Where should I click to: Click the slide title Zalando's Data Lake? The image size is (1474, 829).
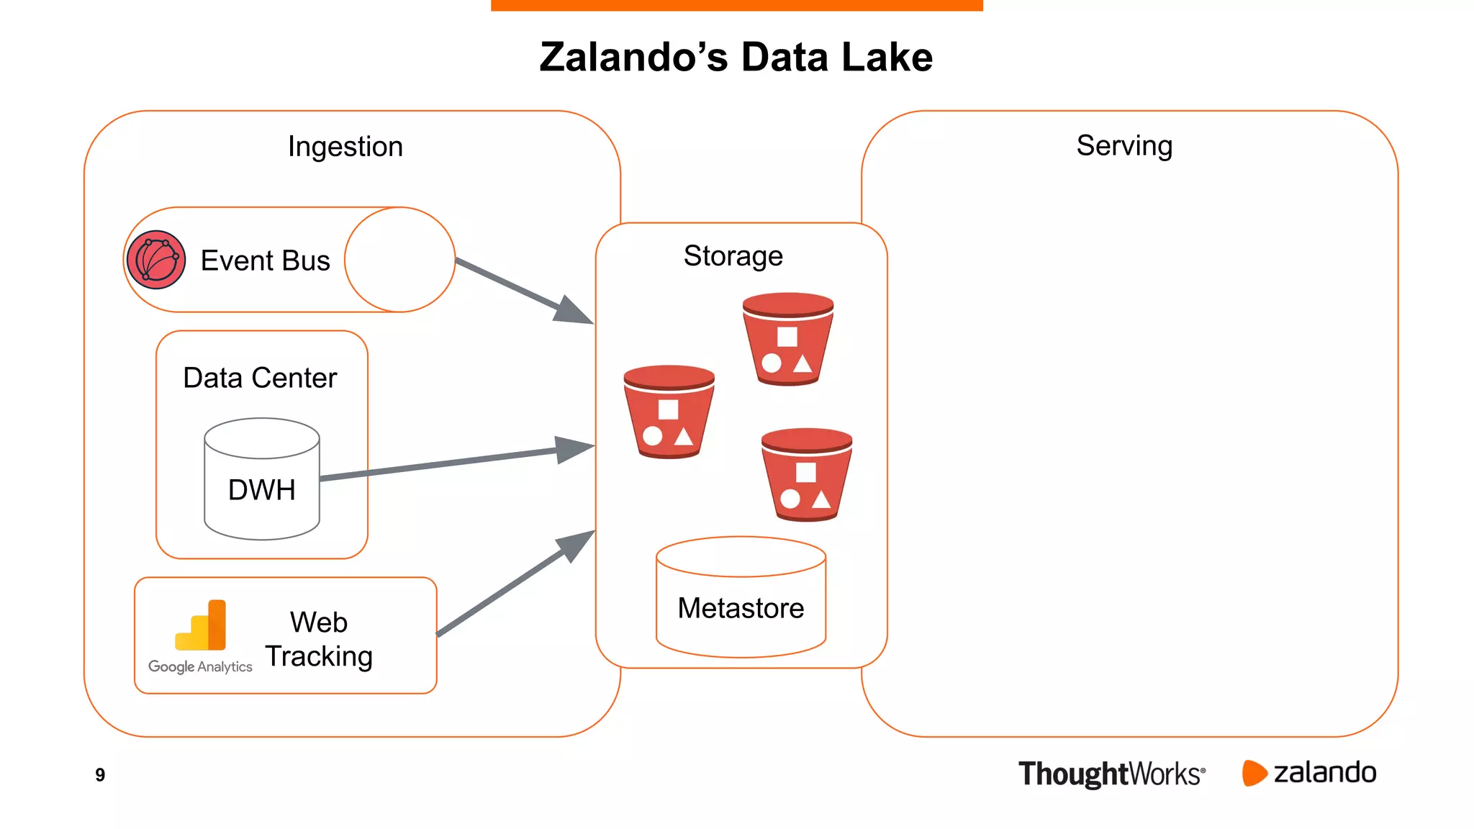tap(736, 58)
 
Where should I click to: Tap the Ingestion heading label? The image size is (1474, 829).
tap(345, 147)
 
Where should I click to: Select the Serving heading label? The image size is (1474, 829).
tap(1123, 146)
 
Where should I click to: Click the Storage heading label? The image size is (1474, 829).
tap(733, 256)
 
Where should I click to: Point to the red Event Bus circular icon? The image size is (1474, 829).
tap(156, 260)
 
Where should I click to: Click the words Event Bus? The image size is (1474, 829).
tap(265, 261)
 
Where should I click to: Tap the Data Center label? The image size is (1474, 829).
tap(260, 378)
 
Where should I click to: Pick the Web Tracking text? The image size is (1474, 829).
tap(319, 639)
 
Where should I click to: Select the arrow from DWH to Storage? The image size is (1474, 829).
tap(457, 462)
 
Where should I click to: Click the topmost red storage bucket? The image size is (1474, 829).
tap(787, 338)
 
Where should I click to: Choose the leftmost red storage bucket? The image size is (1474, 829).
tap(669, 412)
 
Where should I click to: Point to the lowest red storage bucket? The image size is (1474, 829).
tap(806, 474)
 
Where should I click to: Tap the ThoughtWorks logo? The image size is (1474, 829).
tap(1111, 774)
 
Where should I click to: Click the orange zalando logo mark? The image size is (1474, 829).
tap(1253, 773)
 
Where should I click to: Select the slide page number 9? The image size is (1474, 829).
tap(100, 775)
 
